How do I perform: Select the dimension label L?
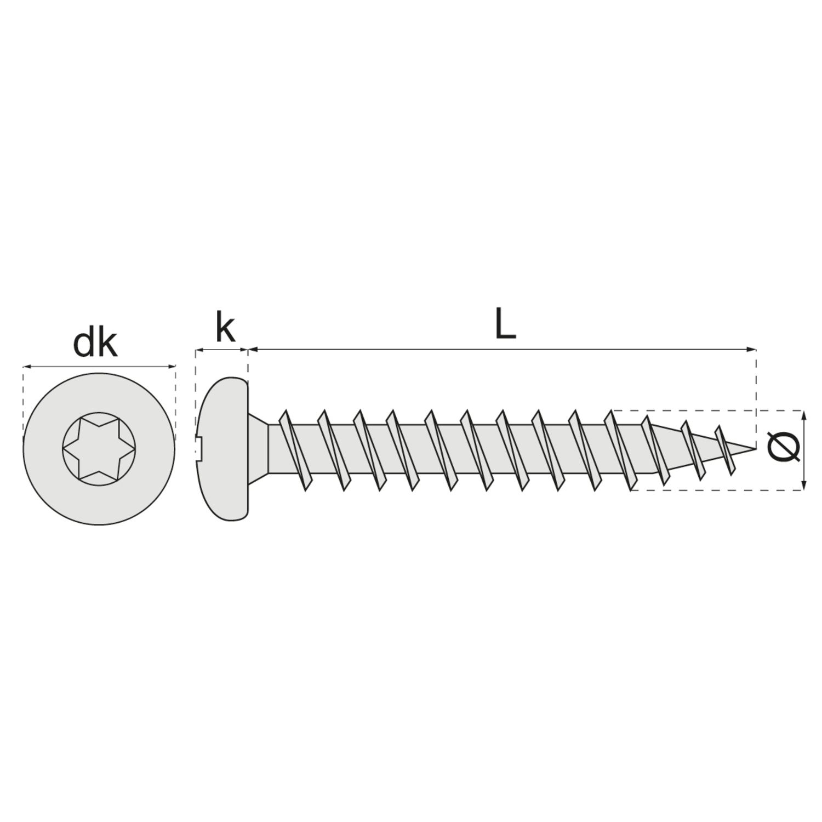tap(505, 326)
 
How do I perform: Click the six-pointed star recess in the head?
tap(99, 448)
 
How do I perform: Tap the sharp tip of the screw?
tap(755, 448)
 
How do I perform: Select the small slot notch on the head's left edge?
tap(199, 448)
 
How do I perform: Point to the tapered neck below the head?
tap(259, 448)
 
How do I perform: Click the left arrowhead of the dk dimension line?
tap(26, 366)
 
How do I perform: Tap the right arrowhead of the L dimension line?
tap(752, 349)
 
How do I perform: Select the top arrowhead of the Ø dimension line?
tap(804, 414)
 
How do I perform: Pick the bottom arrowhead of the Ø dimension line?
tap(804, 484)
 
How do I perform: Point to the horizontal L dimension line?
tap(503, 349)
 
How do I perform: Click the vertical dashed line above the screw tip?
tap(756, 398)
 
